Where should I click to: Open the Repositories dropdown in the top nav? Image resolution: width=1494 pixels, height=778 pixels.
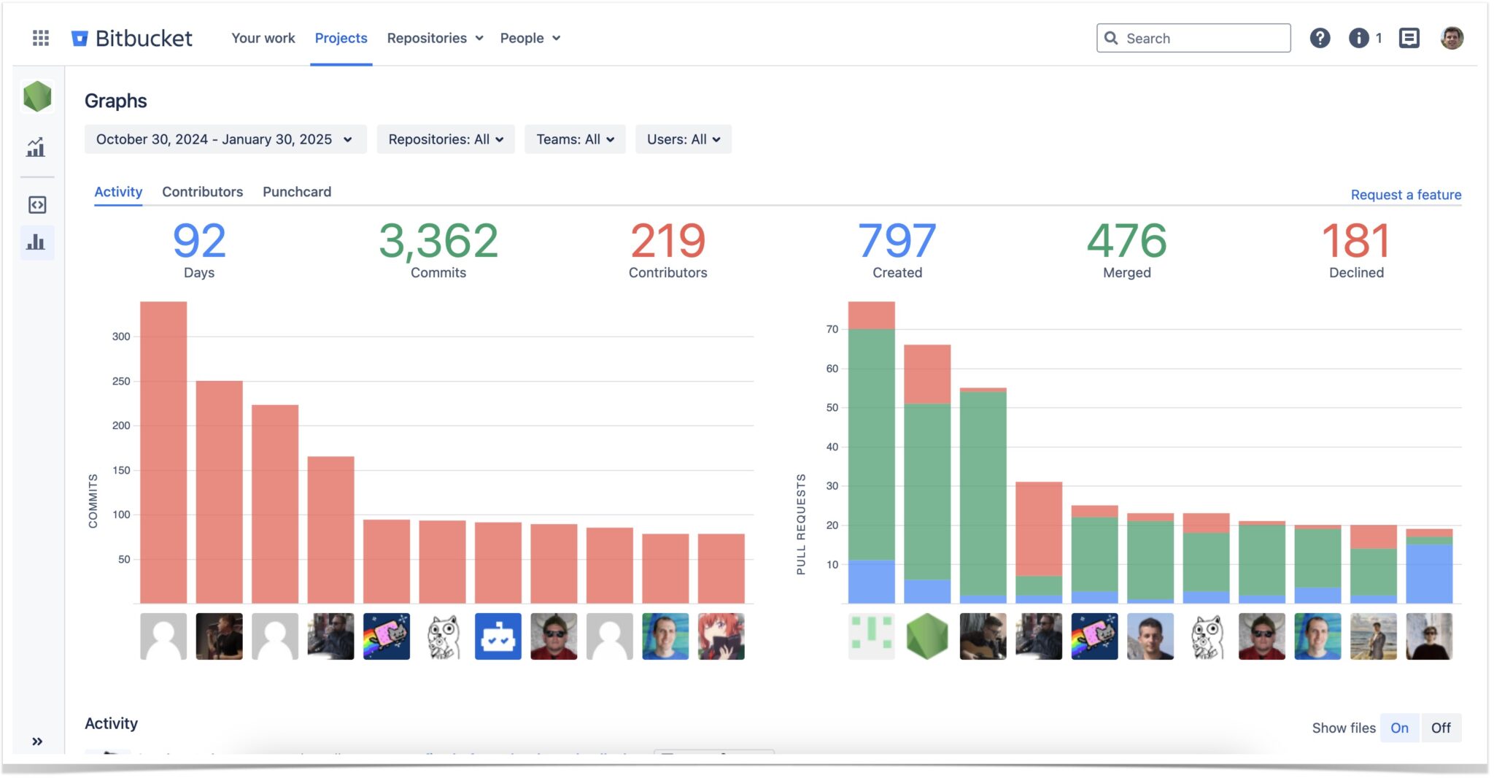coord(435,38)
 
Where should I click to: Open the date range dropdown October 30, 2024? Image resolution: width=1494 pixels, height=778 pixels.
coord(225,139)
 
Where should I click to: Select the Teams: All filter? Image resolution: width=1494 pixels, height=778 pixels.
coord(575,139)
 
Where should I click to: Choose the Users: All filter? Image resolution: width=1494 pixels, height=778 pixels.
coord(683,139)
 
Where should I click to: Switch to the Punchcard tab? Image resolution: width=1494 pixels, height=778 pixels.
coord(297,192)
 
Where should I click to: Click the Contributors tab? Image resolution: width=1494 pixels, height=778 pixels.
coord(202,192)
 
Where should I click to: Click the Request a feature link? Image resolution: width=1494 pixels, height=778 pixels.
coord(1406,195)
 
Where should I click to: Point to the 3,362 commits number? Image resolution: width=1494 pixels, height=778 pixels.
coord(438,241)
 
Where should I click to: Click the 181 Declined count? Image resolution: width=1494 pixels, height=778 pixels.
coord(1355,241)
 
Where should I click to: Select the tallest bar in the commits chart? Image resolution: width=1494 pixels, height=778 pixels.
coord(163,452)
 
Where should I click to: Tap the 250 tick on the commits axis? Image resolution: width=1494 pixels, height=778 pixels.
coord(121,381)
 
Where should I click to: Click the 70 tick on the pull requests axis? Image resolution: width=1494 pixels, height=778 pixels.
coord(832,329)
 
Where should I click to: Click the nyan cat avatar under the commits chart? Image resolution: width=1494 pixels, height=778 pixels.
coord(387,636)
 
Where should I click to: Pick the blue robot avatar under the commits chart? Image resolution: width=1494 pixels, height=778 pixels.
coord(498,636)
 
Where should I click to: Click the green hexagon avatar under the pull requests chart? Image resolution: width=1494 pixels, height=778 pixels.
coord(927,636)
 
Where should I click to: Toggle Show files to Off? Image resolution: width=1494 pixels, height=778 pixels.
coord(1440,728)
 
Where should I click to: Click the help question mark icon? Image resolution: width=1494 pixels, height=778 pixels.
coord(1320,38)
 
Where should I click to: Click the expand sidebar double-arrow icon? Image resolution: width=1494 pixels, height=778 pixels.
coord(37,742)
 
